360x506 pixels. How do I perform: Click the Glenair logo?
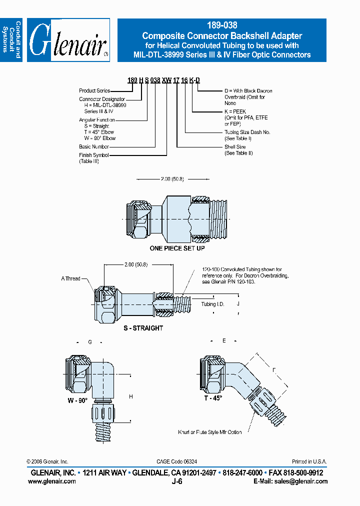[x=68, y=40]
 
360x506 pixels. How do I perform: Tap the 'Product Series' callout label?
[x=94, y=90]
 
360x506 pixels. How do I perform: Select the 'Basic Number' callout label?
[x=93, y=146]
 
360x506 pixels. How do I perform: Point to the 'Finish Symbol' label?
[x=93, y=155]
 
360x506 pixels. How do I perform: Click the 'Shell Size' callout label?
[x=235, y=147]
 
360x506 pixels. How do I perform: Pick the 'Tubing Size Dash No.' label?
[x=247, y=132]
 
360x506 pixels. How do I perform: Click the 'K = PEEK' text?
[x=235, y=111]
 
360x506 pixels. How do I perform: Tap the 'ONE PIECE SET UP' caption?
[x=177, y=248]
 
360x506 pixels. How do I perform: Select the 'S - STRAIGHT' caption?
[x=143, y=328]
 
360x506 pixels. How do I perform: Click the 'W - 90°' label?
[x=77, y=400]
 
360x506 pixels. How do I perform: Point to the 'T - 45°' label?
[x=212, y=398]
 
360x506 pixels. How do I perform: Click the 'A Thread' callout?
[x=70, y=278]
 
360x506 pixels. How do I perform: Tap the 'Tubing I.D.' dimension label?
[x=212, y=304]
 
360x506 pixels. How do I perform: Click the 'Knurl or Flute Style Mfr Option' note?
[x=210, y=432]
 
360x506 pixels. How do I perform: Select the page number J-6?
[x=177, y=481]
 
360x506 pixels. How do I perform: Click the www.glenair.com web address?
[x=52, y=481]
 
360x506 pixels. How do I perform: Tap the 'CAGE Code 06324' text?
[x=176, y=461]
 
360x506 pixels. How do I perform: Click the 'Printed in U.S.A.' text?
[x=309, y=461]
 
